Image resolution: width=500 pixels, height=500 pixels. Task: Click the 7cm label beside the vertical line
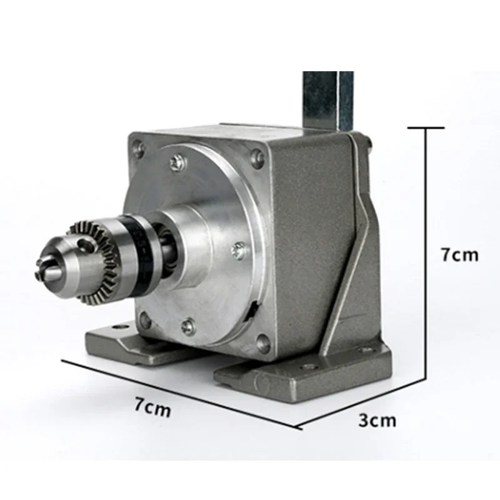459,254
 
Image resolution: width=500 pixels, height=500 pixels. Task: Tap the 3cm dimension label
377,419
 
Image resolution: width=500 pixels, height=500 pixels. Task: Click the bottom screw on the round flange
188,326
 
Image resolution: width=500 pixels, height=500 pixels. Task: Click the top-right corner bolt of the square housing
257,157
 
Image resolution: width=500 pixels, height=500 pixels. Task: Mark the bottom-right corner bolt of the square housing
263,342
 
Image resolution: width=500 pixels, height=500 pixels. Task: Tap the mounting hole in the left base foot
115,326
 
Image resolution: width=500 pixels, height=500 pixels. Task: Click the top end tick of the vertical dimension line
426,127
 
